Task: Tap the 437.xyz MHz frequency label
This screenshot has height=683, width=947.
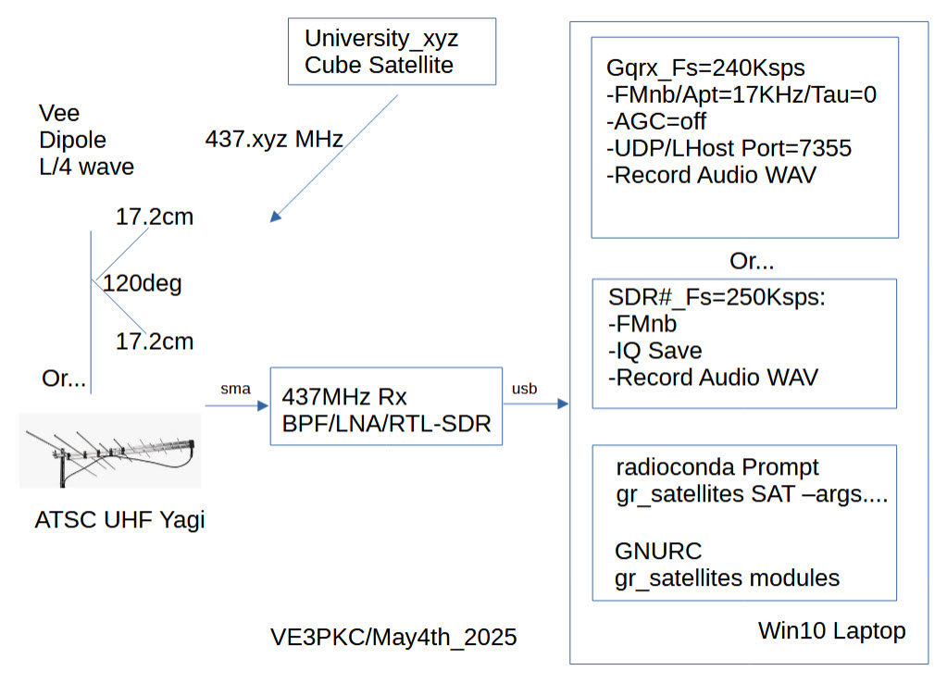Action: (274, 140)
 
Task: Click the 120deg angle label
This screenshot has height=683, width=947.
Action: (142, 283)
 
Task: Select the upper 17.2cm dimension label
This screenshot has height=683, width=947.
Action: (155, 217)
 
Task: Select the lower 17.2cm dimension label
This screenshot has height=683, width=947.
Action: (155, 341)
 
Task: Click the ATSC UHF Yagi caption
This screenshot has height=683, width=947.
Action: (119, 520)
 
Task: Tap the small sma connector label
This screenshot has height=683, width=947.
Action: (234, 390)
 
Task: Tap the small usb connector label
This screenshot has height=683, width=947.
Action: (524, 390)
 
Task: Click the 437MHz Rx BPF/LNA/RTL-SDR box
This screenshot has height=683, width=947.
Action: (386, 411)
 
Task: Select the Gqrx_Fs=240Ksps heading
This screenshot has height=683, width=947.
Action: (705, 68)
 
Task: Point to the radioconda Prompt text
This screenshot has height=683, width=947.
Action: (717, 468)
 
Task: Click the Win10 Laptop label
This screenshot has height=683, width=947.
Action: (831, 631)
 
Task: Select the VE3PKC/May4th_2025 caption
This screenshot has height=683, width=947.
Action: (393, 638)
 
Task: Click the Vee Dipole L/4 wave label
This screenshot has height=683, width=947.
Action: (86, 141)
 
